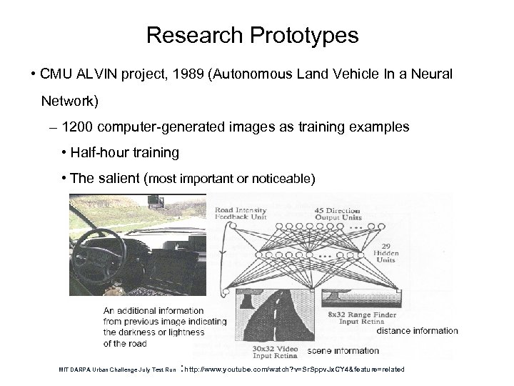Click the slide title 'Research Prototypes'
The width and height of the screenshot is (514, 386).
point(252,34)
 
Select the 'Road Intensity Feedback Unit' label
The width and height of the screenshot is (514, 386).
point(241,212)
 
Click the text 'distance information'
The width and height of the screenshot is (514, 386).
point(417,331)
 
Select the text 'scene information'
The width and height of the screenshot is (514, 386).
point(343,351)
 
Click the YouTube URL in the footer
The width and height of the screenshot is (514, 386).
point(294,369)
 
